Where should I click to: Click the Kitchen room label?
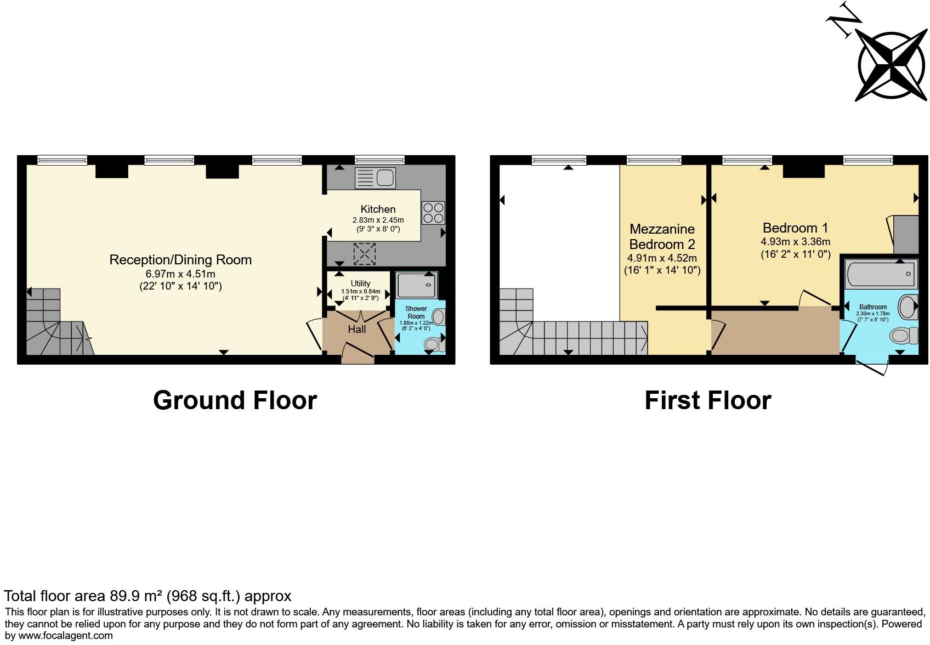[378, 209]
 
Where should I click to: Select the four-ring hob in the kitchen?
[433, 213]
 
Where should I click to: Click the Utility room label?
[360, 284]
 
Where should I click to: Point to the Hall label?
[357, 329]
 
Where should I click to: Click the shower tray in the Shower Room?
[416, 285]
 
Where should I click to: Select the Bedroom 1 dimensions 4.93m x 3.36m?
[795, 241]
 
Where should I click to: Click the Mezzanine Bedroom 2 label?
[662, 236]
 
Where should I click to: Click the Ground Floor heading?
[235, 400]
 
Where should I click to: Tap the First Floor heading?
[707, 400]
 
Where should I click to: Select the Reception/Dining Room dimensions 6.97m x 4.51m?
[180, 274]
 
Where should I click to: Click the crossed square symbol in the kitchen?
[363, 253]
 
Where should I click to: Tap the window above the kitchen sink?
[379, 160]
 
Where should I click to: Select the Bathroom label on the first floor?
[873, 307]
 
